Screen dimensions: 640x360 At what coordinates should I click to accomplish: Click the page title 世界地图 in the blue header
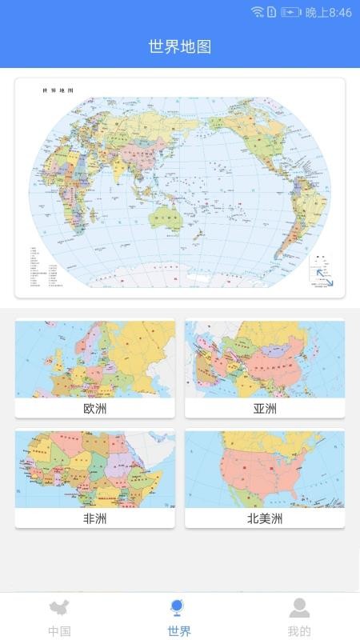point(180,46)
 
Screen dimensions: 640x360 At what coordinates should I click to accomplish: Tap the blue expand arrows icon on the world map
point(324,277)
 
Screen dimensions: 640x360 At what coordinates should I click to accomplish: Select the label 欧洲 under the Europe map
point(94,409)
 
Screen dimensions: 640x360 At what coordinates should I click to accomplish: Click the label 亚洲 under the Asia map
point(265,409)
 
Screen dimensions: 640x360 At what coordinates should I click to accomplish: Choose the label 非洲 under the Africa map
point(94,518)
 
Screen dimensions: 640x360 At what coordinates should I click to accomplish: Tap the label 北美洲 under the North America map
point(265,518)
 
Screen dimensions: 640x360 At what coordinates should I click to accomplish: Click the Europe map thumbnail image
point(94,359)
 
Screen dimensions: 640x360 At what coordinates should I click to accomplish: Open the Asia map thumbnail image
point(265,359)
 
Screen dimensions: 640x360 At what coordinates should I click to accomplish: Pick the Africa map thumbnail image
point(94,469)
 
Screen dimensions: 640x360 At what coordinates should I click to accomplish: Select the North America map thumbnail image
point(265,469)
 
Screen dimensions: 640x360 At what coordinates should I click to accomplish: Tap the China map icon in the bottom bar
point(59,608)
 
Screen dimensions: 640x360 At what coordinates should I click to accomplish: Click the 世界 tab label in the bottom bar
point(179,630)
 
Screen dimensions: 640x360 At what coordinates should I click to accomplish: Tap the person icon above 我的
point(299,608)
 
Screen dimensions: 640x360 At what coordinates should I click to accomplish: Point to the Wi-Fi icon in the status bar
point(257,12)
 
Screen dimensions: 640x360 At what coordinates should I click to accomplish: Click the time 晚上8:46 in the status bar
point(329,13)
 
